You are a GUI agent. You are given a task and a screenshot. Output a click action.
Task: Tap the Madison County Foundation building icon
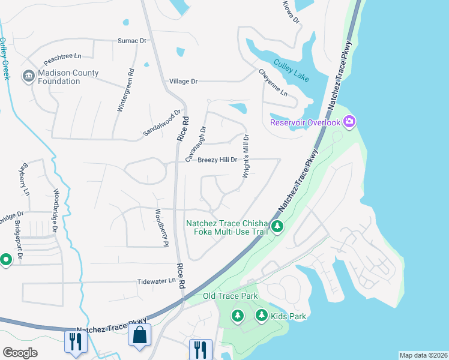click(28, 76)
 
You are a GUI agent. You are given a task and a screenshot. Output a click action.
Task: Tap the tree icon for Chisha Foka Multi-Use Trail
click(277, 227)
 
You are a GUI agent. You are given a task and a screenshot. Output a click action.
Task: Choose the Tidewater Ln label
click(155, 281)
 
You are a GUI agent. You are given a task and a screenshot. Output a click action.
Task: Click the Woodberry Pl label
click(160, 227)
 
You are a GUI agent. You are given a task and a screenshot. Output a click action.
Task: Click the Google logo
click(20, 353)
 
